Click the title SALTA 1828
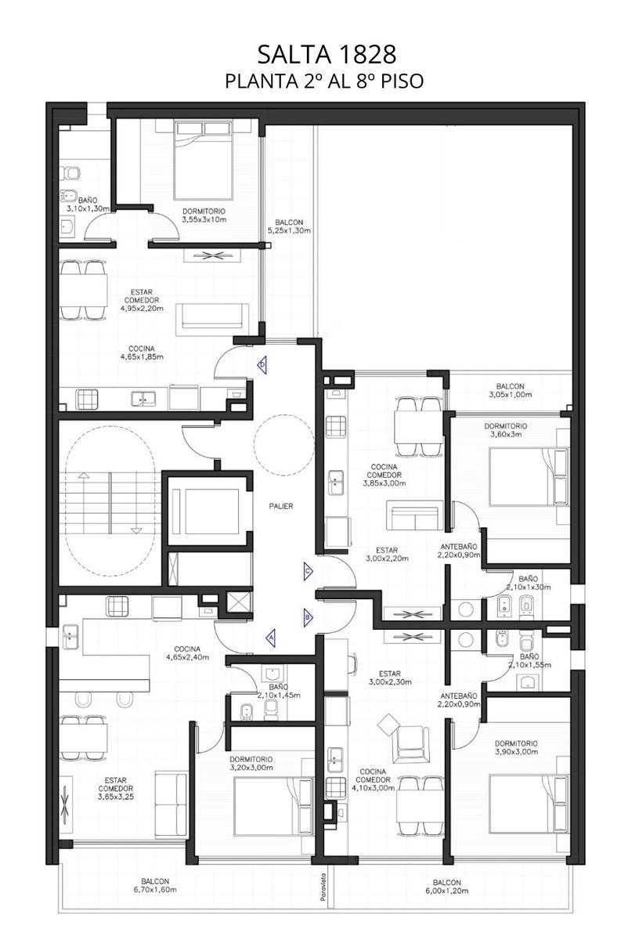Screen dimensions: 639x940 coord(327,55)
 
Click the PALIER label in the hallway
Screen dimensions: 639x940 coord(281,506)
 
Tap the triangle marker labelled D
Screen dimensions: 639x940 coord(262,363)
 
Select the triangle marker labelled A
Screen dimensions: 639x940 coord(271,637)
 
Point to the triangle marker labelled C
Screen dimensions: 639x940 coord(309,571)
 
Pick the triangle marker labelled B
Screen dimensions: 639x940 coord(309,617)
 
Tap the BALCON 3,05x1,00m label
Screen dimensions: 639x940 coord(511,390)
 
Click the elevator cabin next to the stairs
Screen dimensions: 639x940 coord(206,512)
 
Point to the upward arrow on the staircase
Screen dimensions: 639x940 coord(85,504)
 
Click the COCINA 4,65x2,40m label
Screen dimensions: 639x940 coord(187,653)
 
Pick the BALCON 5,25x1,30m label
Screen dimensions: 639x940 coord(289,226)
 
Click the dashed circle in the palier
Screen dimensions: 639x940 coord(284,445)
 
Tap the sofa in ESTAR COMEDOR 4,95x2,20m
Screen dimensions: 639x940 coord(212,316)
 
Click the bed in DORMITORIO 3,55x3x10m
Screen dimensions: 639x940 coord(203,160)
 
